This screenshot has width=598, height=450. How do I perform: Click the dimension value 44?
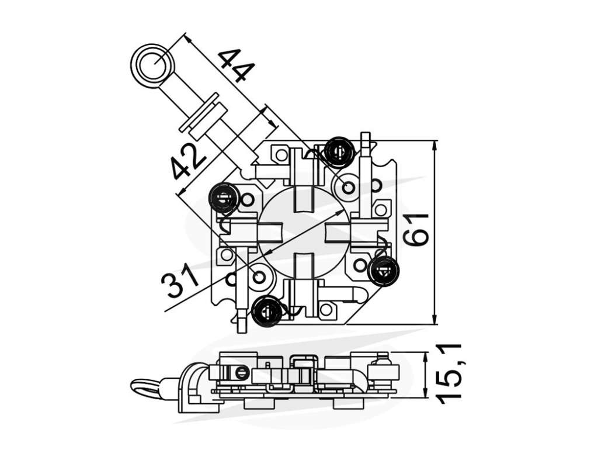(x=237, y=65)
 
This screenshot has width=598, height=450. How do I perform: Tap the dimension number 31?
(x=180, y=281)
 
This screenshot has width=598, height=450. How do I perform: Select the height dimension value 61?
(x=416, y=230)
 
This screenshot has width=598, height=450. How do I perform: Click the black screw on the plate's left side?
(x=224, y=198)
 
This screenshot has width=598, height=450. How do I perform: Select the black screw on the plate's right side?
(x=385, y=270)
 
